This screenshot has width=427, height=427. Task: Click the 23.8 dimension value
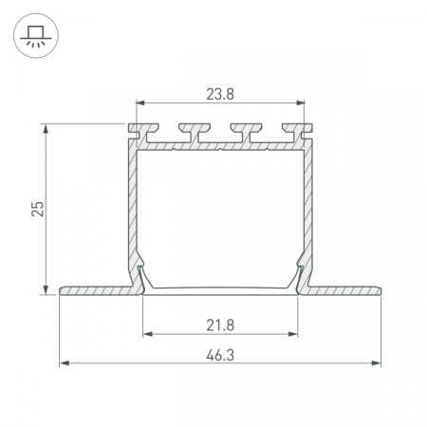point(220,94)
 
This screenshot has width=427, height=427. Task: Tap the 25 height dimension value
point(38,209)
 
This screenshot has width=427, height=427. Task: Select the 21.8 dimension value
point(220,325)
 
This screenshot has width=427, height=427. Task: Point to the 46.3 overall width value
point(220,355)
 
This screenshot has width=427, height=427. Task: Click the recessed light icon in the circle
point(36,36)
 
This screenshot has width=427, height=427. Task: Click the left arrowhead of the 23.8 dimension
point(140,102)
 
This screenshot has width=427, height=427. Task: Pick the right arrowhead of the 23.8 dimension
point(301,102)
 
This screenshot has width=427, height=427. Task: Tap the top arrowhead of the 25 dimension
point(46,128)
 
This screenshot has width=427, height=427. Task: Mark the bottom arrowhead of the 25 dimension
point(46,289)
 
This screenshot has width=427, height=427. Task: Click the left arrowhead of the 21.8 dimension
point(147,334)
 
